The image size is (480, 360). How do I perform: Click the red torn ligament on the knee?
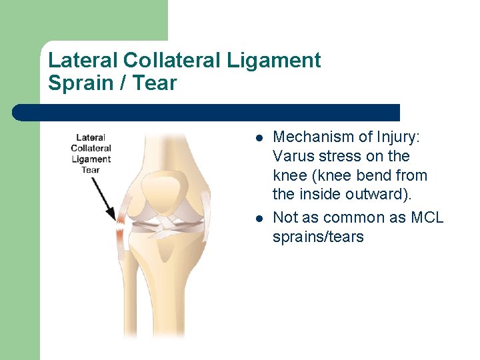121,227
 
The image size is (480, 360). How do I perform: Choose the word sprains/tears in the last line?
318,237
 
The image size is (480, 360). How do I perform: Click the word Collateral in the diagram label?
91,148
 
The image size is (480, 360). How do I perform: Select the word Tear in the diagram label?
91,169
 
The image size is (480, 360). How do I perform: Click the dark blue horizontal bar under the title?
207,113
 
